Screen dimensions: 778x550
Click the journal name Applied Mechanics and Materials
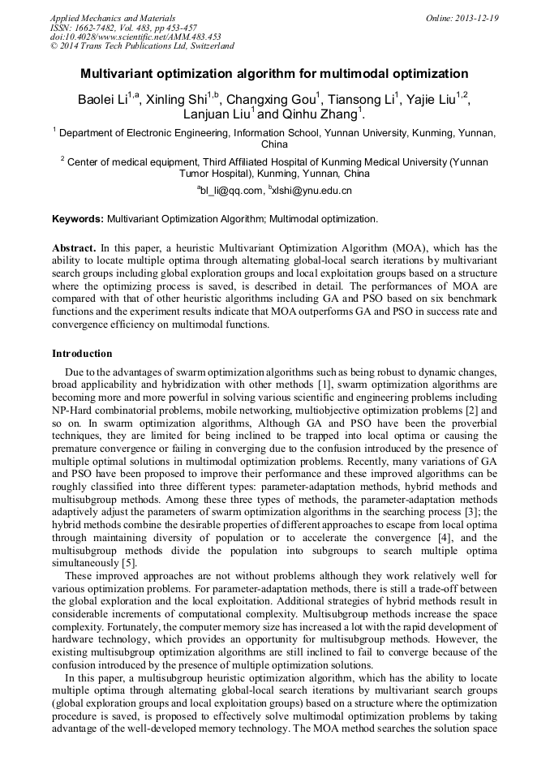(x=113, y=18)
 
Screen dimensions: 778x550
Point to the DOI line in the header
(x=135, y=37)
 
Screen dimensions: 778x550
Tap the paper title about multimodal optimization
(x=274, y=74)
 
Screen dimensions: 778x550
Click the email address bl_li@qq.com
(x=232, y=191)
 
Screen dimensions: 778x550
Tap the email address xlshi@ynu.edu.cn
(x=312, y=191)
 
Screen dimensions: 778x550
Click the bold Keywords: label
(x=78, y=219)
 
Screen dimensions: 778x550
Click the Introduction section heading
(x=82, y=354)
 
